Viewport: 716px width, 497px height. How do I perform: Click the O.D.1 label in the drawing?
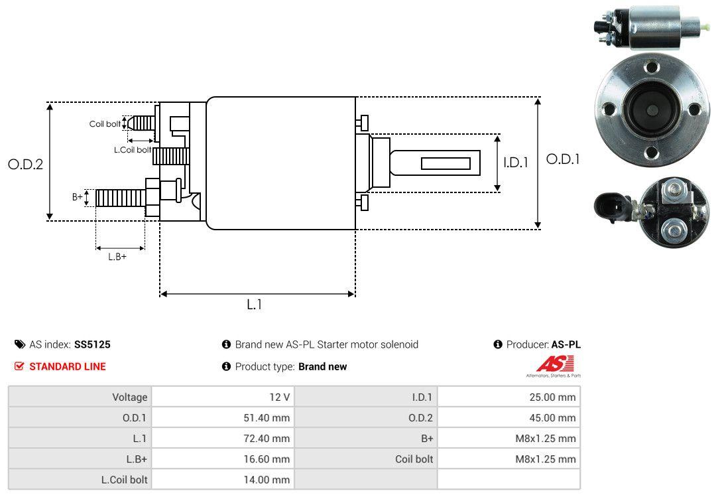tap(563, 159)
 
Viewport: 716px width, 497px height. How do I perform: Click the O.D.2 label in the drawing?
tap(25, 164)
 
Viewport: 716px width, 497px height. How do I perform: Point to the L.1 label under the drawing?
tap(255, 305)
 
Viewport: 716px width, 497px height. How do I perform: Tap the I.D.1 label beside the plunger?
tap(515, 162)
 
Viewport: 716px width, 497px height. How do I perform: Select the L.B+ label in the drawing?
tap(117, 256)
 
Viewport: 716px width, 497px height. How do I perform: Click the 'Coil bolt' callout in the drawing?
tap(105, 124)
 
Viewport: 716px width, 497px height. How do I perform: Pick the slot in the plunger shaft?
tap(446, 163)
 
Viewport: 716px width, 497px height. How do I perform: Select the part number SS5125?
tap(92, 344)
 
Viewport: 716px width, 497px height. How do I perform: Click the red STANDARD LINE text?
tap(67, 366)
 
